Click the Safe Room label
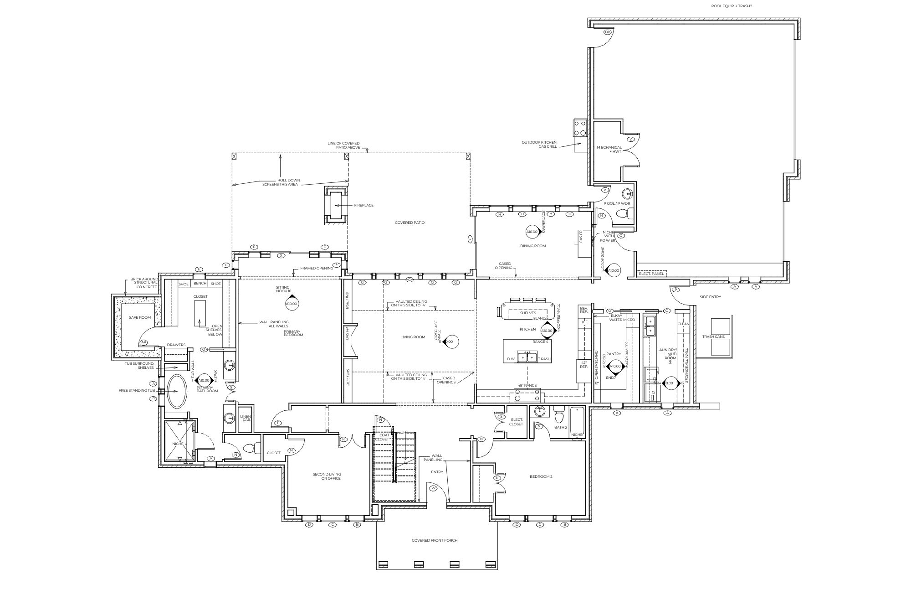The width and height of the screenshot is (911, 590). click(139, 317)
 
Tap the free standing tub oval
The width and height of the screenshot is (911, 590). click(177, 391)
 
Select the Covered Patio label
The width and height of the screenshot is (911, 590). click(409, 223)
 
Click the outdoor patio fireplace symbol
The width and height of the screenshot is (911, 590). click(336, 205)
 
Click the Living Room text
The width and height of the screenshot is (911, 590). click(413, 337)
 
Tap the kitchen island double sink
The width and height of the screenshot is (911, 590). click(527, 357)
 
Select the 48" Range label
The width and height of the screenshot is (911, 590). click(527, 385)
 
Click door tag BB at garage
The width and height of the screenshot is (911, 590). click(607, 32)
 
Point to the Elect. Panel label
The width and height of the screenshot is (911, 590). click(651, 274)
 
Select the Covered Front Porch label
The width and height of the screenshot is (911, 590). click(434, 540)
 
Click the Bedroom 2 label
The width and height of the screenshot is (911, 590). click(541, 476)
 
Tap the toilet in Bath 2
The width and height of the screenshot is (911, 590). click(559, 416)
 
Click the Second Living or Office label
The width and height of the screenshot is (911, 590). click(326, 476)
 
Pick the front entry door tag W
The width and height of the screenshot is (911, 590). click(433, 488)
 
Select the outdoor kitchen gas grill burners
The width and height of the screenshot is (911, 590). click(580, 128)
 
